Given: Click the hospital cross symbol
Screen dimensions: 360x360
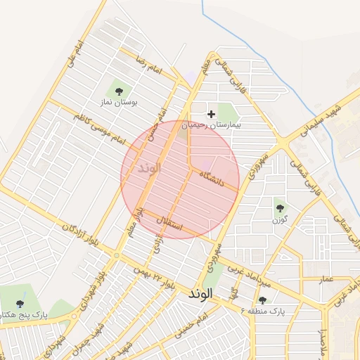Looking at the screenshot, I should (211, 113).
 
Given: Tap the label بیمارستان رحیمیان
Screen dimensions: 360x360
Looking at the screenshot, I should (211, 124).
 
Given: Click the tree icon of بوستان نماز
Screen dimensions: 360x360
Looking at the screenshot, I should (118, 91).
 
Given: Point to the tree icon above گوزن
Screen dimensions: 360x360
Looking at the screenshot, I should (281, 207).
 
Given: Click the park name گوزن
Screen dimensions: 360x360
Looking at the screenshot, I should (281, 219).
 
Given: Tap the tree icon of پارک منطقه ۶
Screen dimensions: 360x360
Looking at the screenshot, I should (262, 300).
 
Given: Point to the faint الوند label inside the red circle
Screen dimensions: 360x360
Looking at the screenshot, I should (150, 169).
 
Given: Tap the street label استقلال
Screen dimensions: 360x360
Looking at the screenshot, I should (172, 224).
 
